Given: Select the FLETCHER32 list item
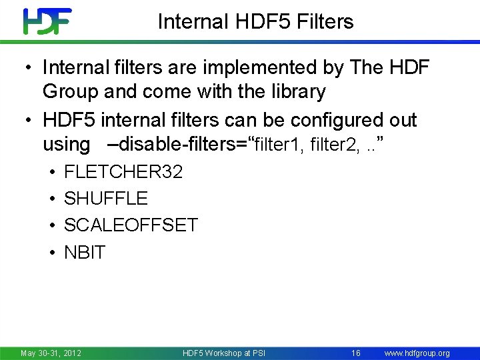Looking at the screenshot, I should [x=123, y=172].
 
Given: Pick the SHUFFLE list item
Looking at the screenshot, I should [x=105, y=199].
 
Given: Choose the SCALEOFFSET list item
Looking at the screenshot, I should [x=131, y=225].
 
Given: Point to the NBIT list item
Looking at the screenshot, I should [x=85, y=253].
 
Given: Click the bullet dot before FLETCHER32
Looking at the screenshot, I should [x=51, y=173].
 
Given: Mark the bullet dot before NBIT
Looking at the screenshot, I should [x=51, y=253].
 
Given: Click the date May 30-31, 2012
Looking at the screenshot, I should [x=51, y=353].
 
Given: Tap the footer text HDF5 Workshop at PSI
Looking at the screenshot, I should [x=223, y=353].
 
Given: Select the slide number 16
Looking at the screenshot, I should [x=355, y=353].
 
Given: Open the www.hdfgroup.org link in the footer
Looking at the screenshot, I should [x=418, y=353].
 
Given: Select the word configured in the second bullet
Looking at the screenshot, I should [x=313, y=120].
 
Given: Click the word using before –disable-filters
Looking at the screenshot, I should [x=66, y=144].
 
